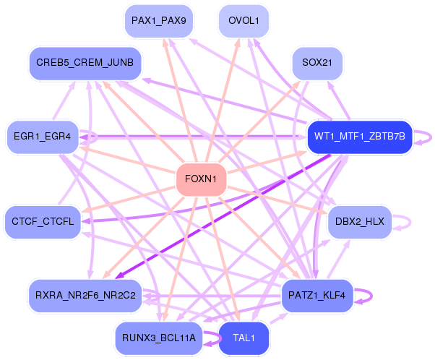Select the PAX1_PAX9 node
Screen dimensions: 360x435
tap(157, 21)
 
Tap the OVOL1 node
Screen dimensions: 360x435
tap(244, 21)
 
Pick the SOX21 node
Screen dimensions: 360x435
tap(316, 64)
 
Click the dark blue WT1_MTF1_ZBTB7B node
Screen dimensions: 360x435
tap(359, 137)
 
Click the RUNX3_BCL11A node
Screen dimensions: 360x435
tap(158, 338)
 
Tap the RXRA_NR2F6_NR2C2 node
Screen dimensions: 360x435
tap(85, 295)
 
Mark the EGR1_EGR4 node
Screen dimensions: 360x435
tap(42, 137)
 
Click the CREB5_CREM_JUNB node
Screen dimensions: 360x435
tap(85, 64)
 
